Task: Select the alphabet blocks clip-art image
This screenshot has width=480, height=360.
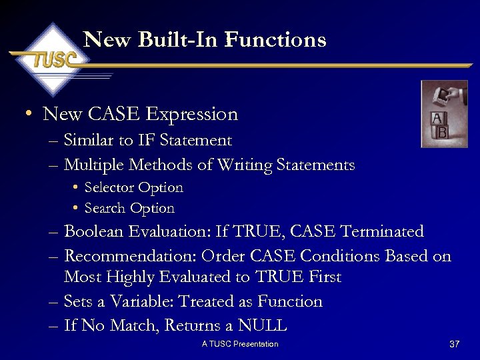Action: tap(444, 114)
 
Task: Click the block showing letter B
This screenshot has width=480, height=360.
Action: tap(441, 133)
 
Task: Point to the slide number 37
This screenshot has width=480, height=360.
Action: tap(455, 344)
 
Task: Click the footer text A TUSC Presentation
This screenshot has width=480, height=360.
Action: tap(240, 344)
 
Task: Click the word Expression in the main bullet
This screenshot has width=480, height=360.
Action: tap(191, 114)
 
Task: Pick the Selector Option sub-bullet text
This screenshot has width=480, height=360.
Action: tap(133, 188)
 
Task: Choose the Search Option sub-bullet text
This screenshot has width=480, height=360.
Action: tap(129, 209)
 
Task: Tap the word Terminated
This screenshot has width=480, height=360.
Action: tap(382, 232)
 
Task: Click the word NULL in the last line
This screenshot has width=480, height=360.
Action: tap(264, 326)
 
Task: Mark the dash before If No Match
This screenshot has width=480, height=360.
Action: tap(53, 326)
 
